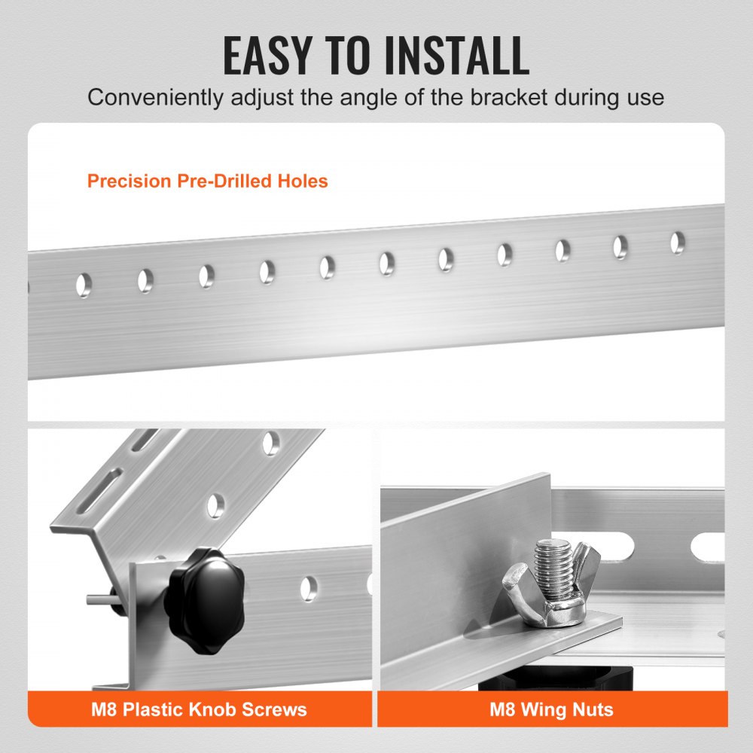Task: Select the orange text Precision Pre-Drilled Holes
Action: point(207,181)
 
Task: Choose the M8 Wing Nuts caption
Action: point(551,709)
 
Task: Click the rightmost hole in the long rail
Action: point(678,242)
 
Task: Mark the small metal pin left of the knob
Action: point(97,599)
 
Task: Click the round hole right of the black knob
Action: point(309,589)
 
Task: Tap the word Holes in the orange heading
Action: point(304,181)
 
